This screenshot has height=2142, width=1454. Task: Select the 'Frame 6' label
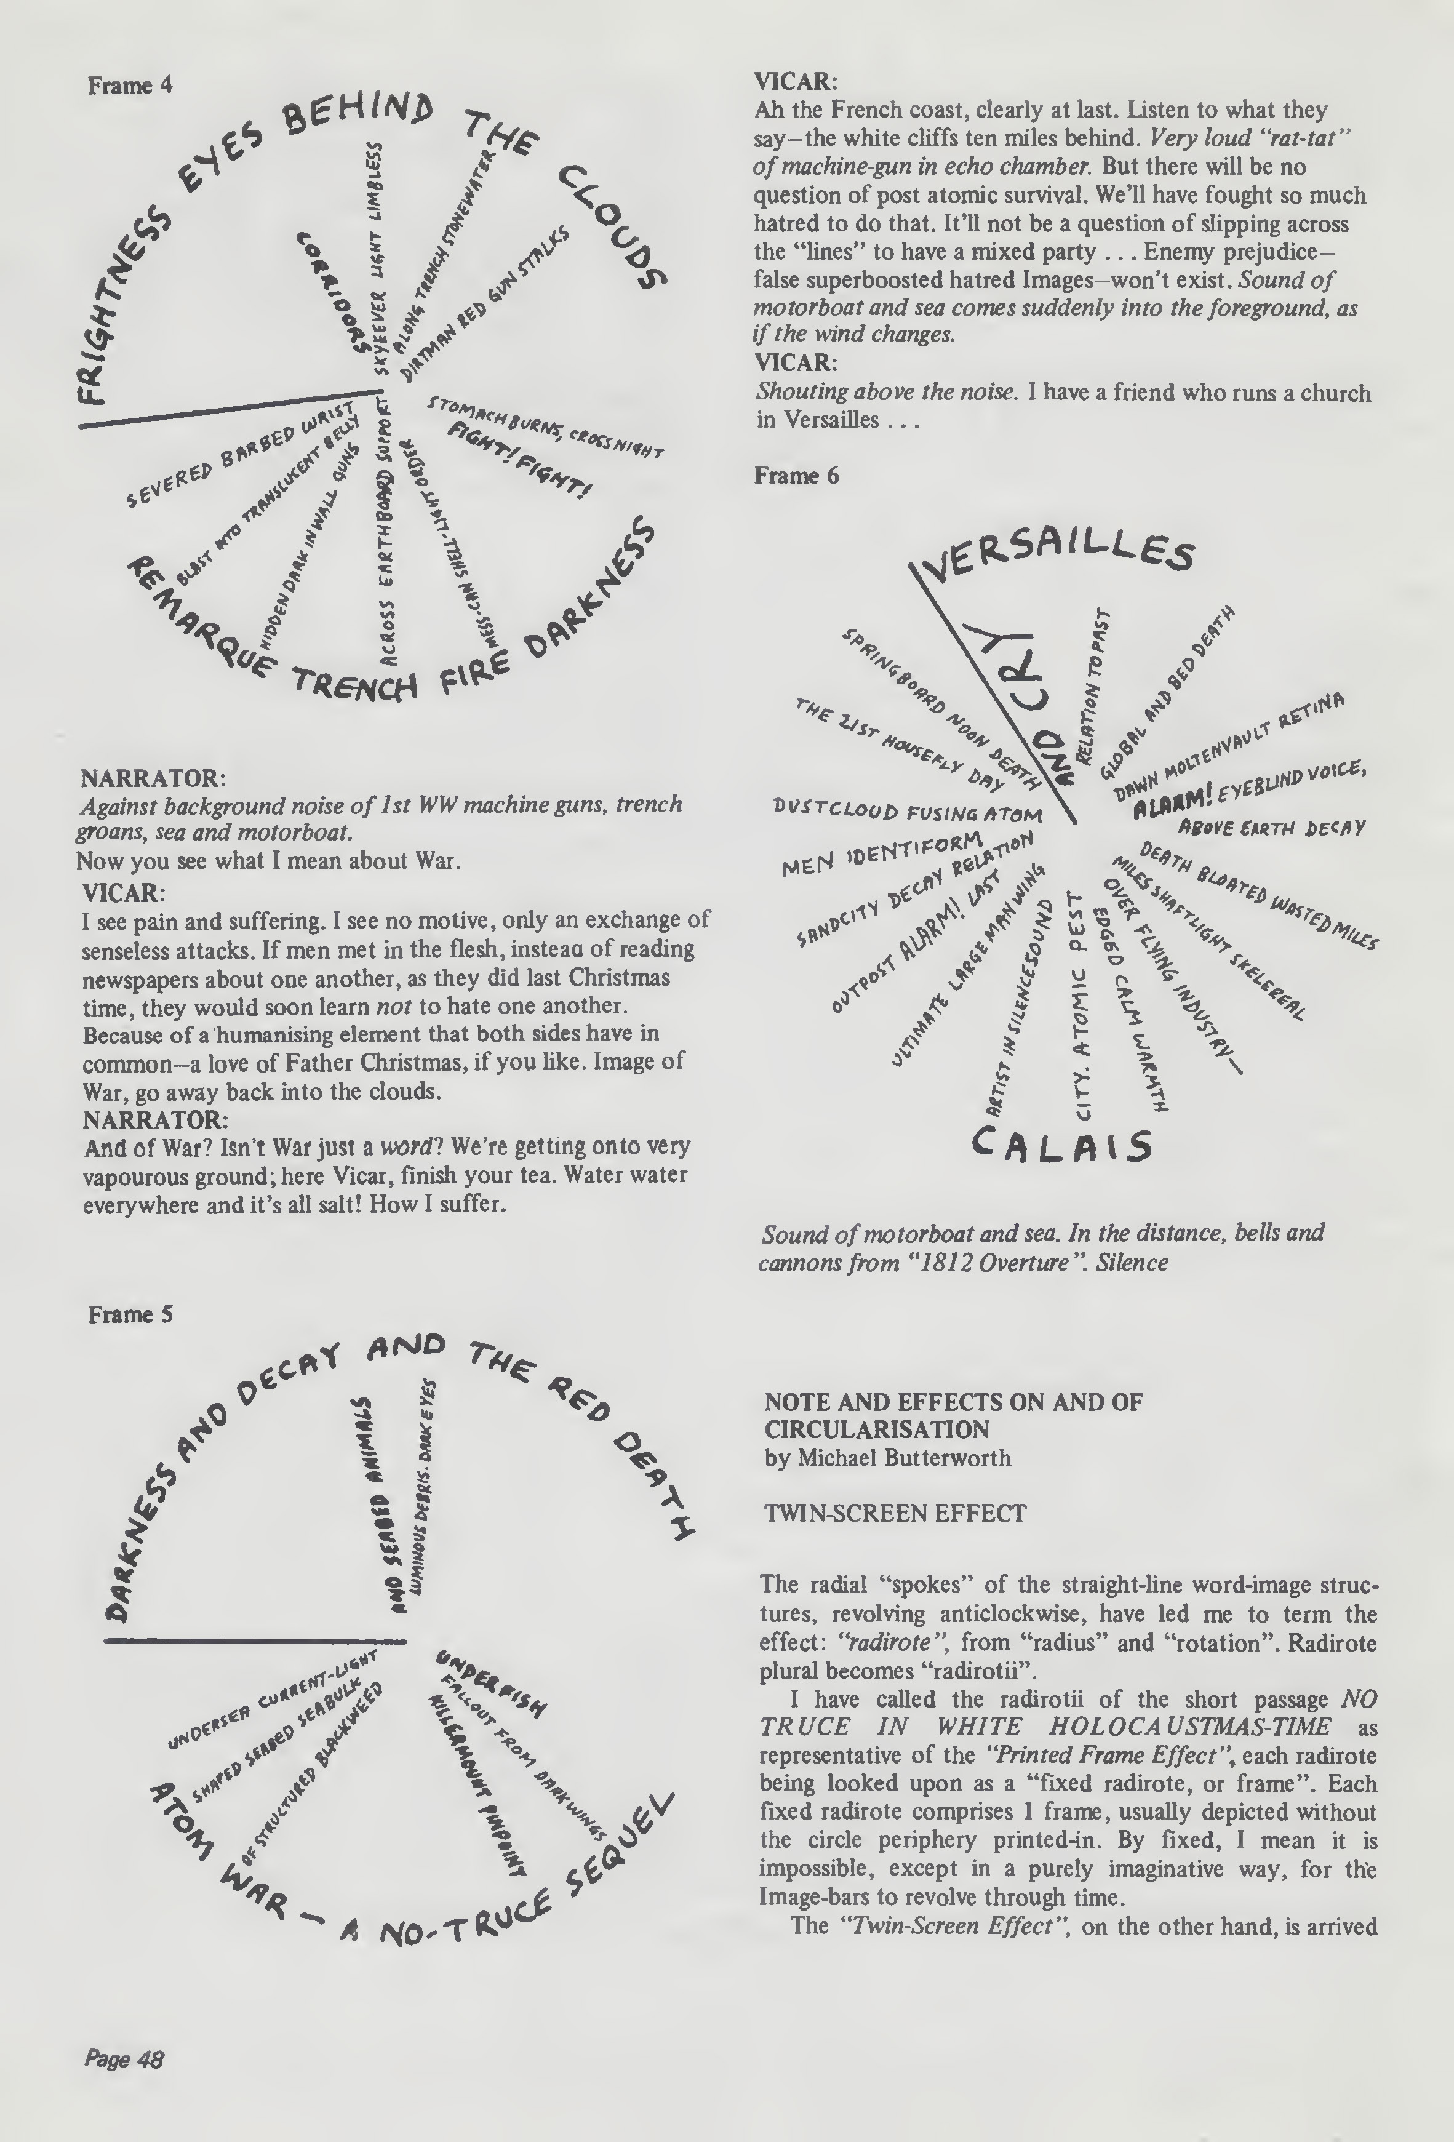click(796, 476)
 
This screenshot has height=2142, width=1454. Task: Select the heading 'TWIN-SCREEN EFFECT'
click(895, 1513)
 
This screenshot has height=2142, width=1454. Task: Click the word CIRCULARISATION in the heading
click(876, 1429)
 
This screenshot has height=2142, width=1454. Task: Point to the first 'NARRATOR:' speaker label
click(154, 778)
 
